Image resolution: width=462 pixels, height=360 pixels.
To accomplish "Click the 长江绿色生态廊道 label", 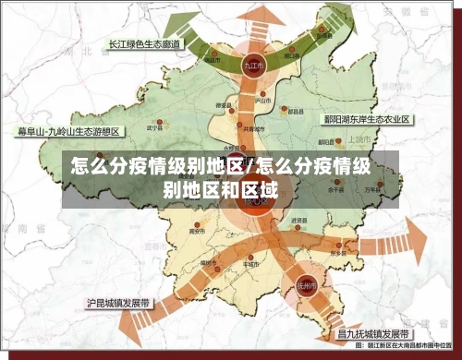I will tap(144, 43).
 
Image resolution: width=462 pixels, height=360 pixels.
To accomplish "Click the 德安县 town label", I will tap(222, 106).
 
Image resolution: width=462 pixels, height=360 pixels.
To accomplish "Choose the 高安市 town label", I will tap(195, 231).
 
